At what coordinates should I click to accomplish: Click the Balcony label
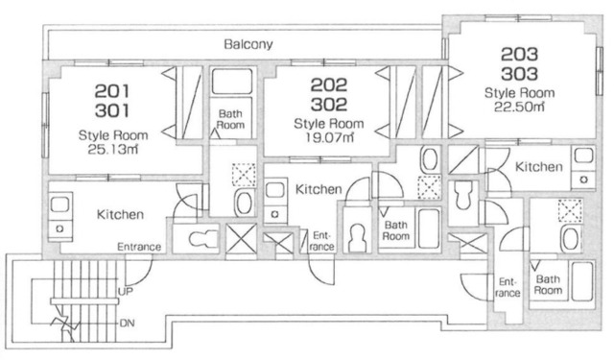248,44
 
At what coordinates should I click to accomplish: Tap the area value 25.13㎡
113,149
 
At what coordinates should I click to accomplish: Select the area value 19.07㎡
329,137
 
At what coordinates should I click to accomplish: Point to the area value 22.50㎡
519,107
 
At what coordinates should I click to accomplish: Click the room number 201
112,91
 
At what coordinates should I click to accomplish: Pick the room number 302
329,105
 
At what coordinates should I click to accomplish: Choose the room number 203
519,55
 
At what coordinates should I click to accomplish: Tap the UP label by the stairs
126,292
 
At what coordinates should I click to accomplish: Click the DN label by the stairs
127,324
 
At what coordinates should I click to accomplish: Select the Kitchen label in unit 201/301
120,214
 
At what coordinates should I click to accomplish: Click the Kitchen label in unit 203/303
539,166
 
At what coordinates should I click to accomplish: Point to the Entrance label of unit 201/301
139,247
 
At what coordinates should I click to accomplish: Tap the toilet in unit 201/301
202,238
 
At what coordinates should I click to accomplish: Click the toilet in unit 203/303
462,195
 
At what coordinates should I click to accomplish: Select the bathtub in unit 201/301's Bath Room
232,81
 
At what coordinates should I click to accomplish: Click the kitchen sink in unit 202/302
275,191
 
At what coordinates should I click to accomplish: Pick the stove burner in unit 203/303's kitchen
584,180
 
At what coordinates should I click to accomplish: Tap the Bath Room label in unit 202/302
396,230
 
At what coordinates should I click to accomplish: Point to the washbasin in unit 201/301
244,202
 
